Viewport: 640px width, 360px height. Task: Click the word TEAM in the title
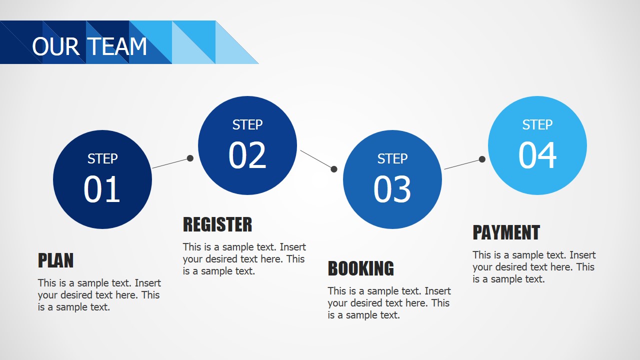click(118, 46)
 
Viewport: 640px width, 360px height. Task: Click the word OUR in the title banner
click(55, 46)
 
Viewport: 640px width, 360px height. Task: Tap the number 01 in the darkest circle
click(102, 189)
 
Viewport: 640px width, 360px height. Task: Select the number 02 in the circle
click(247, 155)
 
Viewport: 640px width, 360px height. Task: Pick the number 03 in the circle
click(392, 189)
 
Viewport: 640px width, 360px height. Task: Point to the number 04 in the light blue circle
click(537, 155)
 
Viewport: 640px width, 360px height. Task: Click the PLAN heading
click(55, 260)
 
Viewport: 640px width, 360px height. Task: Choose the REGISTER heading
click(217, 224)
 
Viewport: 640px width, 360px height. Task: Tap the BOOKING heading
click(360, 268)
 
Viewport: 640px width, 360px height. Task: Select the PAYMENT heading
click(506, 232)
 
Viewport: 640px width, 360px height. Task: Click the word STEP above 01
click(102, 159)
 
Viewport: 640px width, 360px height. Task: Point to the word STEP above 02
click(247, 125)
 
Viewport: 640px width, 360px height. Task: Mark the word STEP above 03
click(392, 159)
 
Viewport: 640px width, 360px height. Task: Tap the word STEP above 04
click(537, 125)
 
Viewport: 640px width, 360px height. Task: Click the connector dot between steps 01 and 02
click(190, 158)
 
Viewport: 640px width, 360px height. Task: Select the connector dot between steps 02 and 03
click(334, 169)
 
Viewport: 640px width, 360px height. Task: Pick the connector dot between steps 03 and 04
click(482, 159)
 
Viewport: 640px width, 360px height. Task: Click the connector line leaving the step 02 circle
click(316, 158)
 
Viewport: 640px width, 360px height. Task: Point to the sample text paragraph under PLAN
click(99, 295)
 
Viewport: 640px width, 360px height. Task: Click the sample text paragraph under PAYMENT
click(534, 267)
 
